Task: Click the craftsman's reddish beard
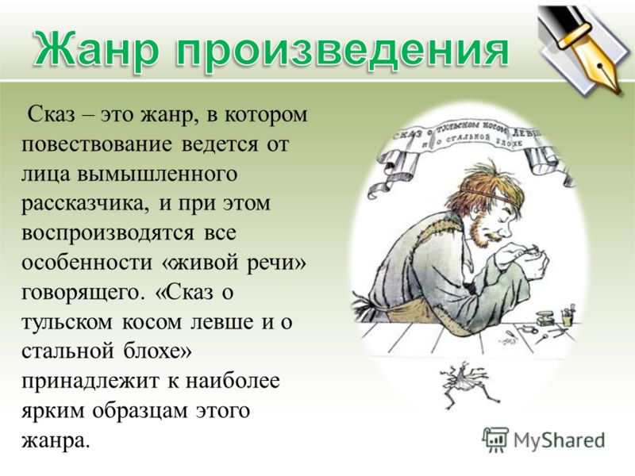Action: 482,232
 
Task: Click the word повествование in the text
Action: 96,144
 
